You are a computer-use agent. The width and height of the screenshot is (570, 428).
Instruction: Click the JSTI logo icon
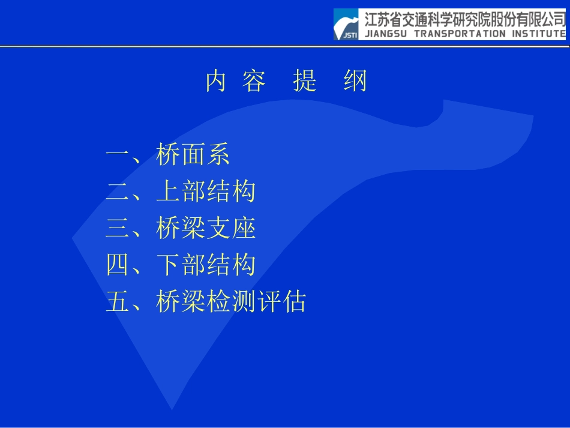coord(346,25)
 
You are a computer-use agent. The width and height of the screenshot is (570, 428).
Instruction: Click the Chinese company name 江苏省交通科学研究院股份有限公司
coord(465,19)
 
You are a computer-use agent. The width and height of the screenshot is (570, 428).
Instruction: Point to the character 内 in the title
coord(215,82)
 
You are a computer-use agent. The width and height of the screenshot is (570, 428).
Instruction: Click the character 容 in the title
coord(254,82)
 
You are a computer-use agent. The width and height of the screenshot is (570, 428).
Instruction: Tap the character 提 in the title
coord(305,82)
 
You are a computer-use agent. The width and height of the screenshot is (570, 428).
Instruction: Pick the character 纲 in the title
coord(355,82)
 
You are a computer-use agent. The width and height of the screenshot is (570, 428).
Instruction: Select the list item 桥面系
coord(193,155)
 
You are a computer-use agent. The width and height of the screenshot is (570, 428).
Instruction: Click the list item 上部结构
coord(205,191)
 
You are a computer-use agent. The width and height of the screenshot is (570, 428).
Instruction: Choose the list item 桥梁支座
coord(205,228)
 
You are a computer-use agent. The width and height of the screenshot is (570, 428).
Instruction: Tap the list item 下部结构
coord(205,265)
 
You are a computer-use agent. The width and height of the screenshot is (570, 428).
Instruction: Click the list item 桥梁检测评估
coord(230,301)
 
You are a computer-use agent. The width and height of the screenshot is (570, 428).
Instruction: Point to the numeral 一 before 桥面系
coord(117,155)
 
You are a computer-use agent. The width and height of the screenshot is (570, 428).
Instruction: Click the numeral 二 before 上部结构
coord(117,191)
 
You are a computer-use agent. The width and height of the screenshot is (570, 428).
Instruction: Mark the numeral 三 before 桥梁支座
coord(117,228)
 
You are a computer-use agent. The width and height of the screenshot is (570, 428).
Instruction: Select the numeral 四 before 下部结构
coord(117,265)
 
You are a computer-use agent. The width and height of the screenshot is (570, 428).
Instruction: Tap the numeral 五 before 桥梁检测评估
coord(117,301)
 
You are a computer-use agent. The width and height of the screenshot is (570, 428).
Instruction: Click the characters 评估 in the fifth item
coord(281,301)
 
